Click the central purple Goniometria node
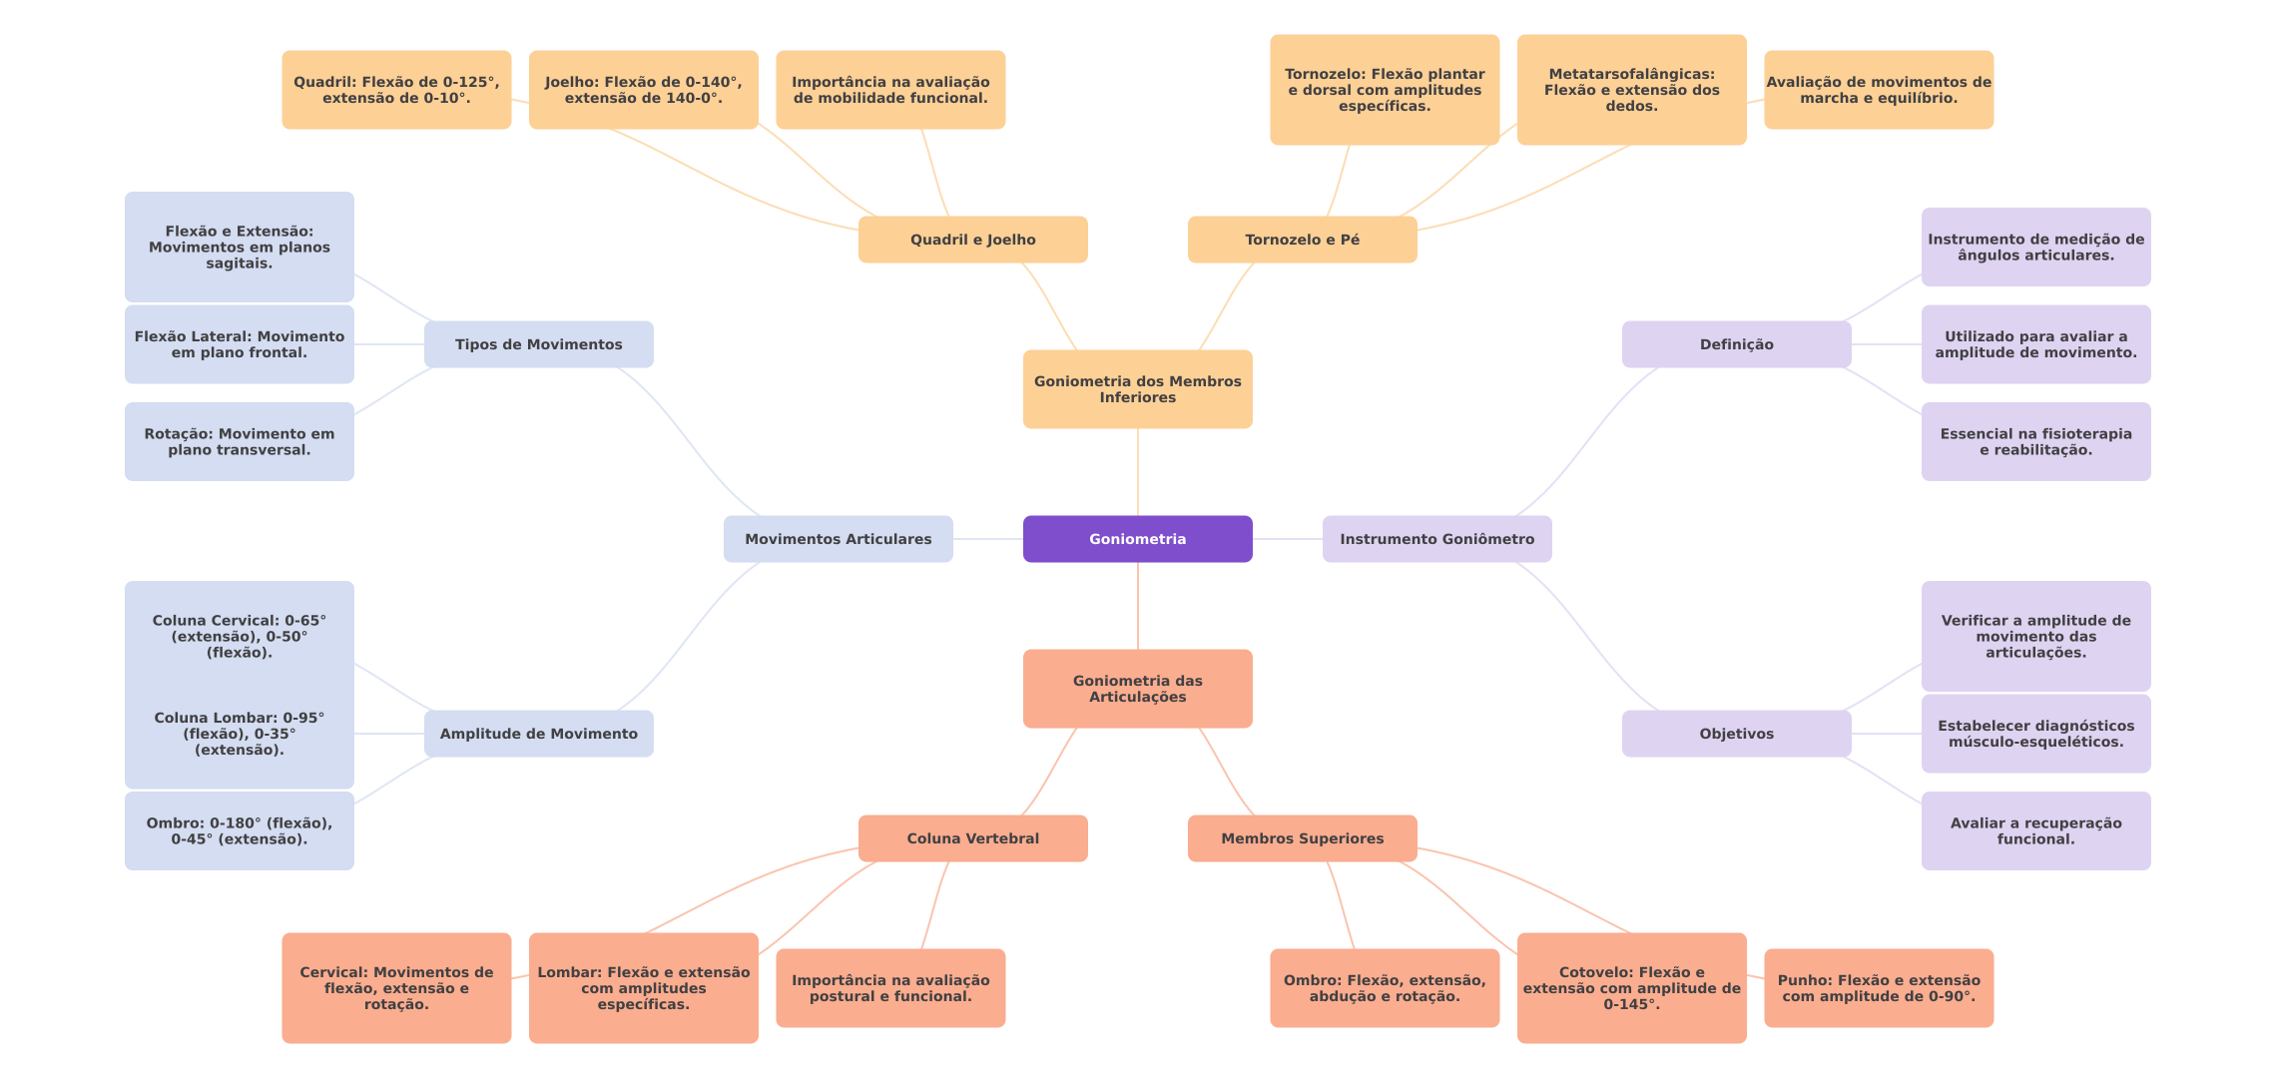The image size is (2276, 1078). [1138, 539]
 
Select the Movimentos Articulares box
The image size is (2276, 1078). [839, 539]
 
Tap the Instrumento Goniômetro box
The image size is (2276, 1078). [1437, 539]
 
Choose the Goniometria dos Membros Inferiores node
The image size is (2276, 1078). [1138, 389]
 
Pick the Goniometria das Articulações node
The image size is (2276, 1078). [1138, 689]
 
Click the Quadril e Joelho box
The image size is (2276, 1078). [973, 240]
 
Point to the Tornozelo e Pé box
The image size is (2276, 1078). [1303, 240]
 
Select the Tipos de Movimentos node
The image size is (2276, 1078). [539, 344]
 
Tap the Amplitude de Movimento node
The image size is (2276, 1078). [539, 734]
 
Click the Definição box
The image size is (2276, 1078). [1737, 344]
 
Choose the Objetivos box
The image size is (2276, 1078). [1737, 734]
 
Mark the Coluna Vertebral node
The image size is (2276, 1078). [973, 838]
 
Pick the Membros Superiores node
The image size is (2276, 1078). [1303, 838]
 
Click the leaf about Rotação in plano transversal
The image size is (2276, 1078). [240, 442]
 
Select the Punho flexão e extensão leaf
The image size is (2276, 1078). [1879, 988]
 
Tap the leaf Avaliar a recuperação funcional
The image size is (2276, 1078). [2036, 831]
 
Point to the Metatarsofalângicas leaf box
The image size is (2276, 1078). [1632, 90]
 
